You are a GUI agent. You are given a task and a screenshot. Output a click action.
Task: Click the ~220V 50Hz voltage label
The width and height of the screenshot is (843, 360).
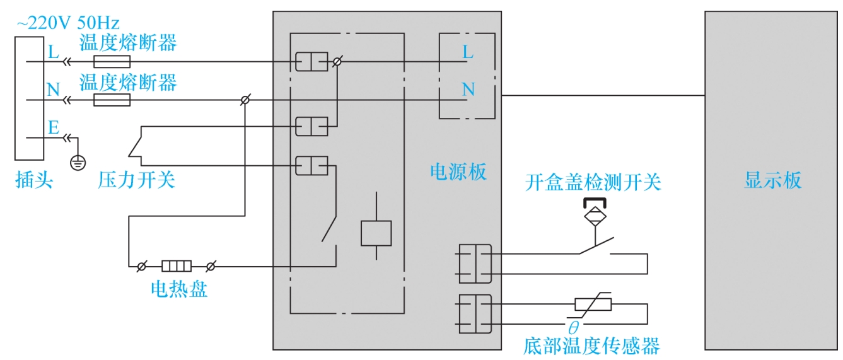click(x=68, y=23)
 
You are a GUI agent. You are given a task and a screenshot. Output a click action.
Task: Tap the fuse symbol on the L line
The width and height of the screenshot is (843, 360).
click(x=112, y=61)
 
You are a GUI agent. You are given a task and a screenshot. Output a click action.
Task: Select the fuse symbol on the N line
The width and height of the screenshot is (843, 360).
click(x=112, y=100)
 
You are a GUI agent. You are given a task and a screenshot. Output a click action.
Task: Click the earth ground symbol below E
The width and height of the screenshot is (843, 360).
click(x=78, y=163)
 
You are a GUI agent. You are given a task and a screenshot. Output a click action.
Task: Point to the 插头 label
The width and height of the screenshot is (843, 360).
click(x=34, y=180)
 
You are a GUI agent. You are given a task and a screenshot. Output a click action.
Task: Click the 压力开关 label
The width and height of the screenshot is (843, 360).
click(x=136, y=180)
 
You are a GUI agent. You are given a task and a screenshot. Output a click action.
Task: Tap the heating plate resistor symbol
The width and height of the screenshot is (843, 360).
click(x=177, y=266)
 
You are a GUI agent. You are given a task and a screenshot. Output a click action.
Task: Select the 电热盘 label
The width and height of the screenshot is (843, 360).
click(x=179, y=289)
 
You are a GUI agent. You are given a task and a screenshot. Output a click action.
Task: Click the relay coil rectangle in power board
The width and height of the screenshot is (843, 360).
click(x=376, y=233)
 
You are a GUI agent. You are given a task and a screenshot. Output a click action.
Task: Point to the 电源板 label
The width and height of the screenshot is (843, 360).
click(x=458, y=172)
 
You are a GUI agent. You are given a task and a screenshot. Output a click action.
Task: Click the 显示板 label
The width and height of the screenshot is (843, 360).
click(x=773, y=180)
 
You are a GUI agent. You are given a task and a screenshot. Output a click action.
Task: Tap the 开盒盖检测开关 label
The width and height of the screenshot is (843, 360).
click(x=593, y=182)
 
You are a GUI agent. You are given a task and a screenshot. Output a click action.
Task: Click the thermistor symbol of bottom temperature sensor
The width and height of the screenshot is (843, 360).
click(x=593, y=305)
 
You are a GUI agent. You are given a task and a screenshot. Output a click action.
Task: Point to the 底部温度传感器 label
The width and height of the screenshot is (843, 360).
click(x=591, y=346)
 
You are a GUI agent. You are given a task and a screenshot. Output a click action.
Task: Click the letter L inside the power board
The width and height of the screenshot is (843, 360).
click(x=467, y=52)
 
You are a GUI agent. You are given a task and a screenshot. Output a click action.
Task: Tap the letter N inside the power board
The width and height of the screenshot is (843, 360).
click(x=468, y=90)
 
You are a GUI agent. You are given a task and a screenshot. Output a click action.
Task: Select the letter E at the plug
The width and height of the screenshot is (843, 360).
click(x=54, y=127)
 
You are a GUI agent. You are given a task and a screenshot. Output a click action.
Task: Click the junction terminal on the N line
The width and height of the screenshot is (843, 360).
click(x=245, y=100)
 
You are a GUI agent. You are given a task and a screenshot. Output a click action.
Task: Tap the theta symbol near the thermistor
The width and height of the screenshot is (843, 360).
click(x=574, y=328)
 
